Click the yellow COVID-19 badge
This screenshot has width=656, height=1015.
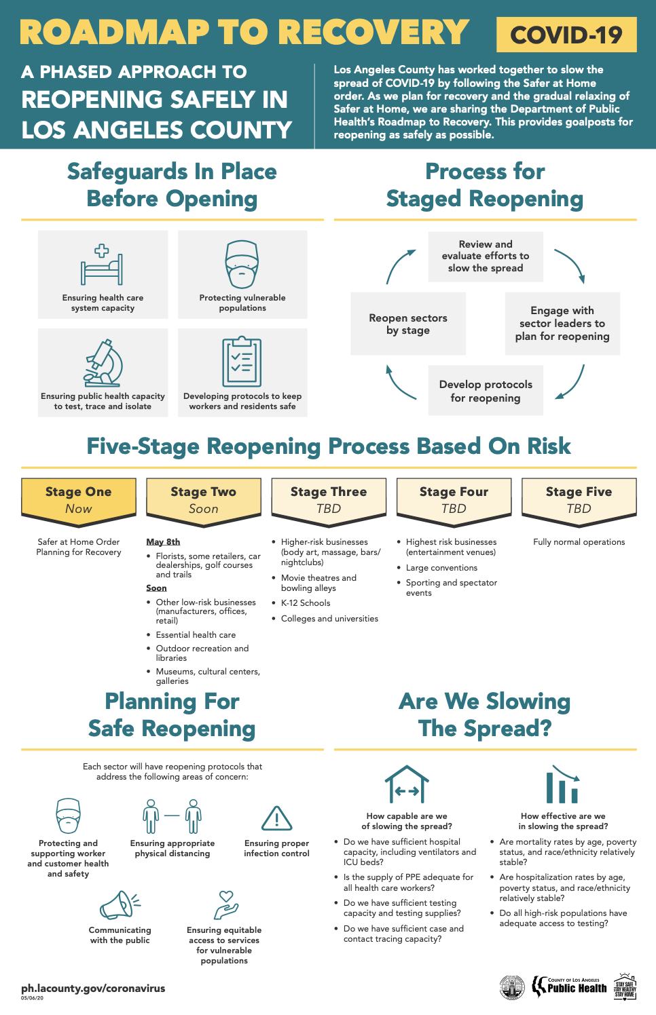pyautogui.click(x=566, y=35)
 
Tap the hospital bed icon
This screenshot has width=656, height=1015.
pyautogui.click(x=102, y=265)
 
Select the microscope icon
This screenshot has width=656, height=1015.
pyautogui.click(x=103, y=363)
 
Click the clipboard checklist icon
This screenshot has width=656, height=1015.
pyautogui.click(x=242, y=362)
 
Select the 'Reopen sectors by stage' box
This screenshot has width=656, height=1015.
pyautogui.click(x=408, y=324)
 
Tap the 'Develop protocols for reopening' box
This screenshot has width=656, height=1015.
pyautogui.click(x=486, y=391)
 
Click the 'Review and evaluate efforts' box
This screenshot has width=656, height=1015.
pyautogui.click(x=486, y=256)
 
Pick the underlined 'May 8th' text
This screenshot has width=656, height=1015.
pyautogui.click(x=163, y=541)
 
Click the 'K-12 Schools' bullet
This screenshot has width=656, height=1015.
pyautogui.click(x=306, y=602)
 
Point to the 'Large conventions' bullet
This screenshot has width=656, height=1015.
pyautogui.click(x=441, y=568)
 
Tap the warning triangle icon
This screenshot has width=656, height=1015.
pyautogui.click(x=276, y=819)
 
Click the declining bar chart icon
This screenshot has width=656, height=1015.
pyautogui.click(x=563, y=785)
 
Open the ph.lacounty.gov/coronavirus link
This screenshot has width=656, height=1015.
pyautogui.click(x=93, y=988)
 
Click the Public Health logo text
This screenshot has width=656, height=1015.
pyautogui.click(x=577, y=988)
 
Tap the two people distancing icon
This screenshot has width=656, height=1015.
pyautogui.click(x=172, y=816)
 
